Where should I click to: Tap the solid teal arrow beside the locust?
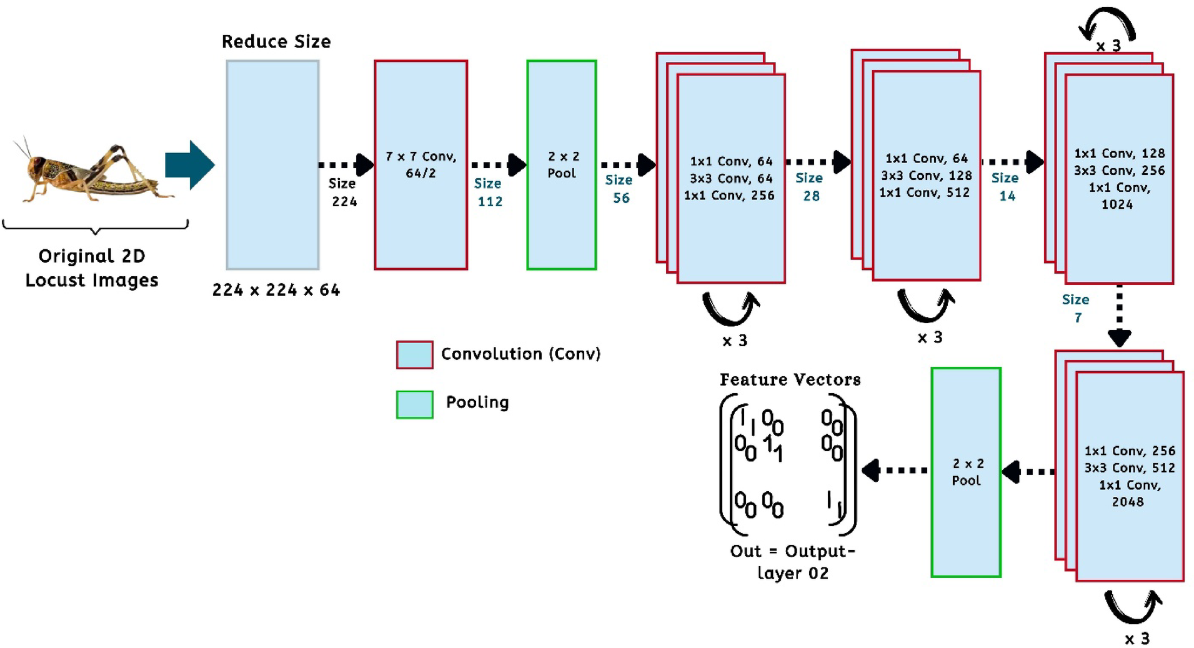pos(189,165)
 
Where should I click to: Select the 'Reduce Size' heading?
pos(276,42)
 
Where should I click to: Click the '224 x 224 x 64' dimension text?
pos(276,290)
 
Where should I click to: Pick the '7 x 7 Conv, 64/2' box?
pos(420,165)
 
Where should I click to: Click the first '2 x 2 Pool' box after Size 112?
pos(561,165)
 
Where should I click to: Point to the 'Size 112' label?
pos(489,192)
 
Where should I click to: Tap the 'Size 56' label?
pos(619,189)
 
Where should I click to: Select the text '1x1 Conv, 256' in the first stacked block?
pos(729,196)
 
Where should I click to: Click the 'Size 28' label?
pos(809,187)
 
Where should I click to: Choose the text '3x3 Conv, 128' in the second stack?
pos(926,176)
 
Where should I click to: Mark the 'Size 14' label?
pos(1005,187)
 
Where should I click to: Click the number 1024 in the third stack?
pos(1117,204)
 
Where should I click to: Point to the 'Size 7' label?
pos(1076,309)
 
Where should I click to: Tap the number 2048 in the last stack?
pos(1127,502)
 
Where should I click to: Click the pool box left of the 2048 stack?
pos(965,472)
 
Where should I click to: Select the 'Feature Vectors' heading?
pos(790,380)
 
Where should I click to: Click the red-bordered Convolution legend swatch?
pos(414,355)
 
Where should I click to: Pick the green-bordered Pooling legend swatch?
pos(414,404)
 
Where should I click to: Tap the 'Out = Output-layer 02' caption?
pos(792,562)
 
